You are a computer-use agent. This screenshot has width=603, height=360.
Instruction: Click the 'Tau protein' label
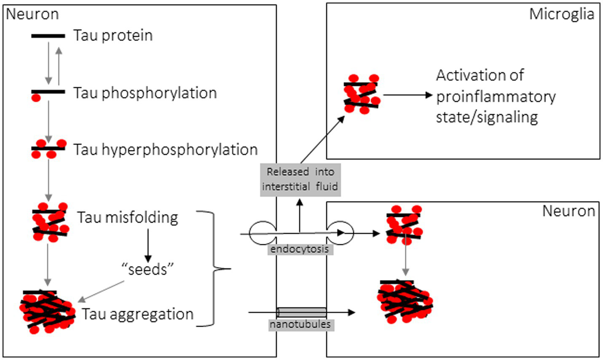113,35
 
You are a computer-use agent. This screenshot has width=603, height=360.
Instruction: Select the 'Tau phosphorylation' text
145,93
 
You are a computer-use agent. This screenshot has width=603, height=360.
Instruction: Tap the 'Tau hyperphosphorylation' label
166,149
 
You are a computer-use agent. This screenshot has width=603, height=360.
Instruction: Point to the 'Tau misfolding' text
128,218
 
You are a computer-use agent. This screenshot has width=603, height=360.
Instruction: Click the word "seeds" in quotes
147,269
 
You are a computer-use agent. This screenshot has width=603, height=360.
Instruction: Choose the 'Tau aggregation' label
138,314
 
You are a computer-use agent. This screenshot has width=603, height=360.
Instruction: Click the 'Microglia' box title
561,14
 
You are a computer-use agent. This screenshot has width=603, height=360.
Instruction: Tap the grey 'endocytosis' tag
300,249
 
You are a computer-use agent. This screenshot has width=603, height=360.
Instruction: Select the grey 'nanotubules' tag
300,325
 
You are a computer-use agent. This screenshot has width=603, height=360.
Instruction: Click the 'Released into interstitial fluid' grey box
300,179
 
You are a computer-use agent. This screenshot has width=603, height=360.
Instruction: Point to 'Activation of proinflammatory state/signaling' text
496,96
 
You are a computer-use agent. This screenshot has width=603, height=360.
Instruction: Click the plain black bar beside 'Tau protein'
48,36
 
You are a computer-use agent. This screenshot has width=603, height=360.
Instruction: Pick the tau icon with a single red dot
47,93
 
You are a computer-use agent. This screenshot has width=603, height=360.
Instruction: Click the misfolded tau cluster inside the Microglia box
361,94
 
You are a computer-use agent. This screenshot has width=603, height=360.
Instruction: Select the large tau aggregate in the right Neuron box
405,301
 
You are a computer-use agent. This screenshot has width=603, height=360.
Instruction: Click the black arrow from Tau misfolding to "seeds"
147,245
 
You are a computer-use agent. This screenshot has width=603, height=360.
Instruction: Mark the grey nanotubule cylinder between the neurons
302,312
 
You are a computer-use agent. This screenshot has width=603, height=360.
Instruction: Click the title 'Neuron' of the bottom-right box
568,211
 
